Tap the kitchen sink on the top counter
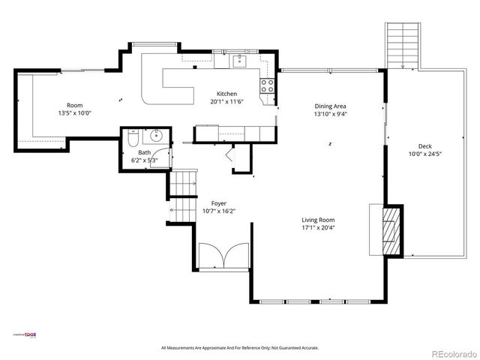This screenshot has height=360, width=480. tap(239, 61)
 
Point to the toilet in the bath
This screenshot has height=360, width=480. tap(132, 139)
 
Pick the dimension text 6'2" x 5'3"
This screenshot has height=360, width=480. tap(144, 159)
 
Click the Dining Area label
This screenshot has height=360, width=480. tap(330, 106)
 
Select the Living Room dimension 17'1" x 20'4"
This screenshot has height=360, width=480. tap(318, 227)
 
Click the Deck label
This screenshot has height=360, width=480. tap(424, 145)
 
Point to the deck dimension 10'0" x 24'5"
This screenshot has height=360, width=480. tap(424, 154)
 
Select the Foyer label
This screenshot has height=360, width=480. tap(218, 203)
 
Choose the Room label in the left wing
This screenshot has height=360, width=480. tap(74, 105)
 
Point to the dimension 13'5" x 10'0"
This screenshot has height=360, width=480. tap(74, 113)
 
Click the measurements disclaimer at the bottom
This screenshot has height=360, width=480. tap(240, 347)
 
